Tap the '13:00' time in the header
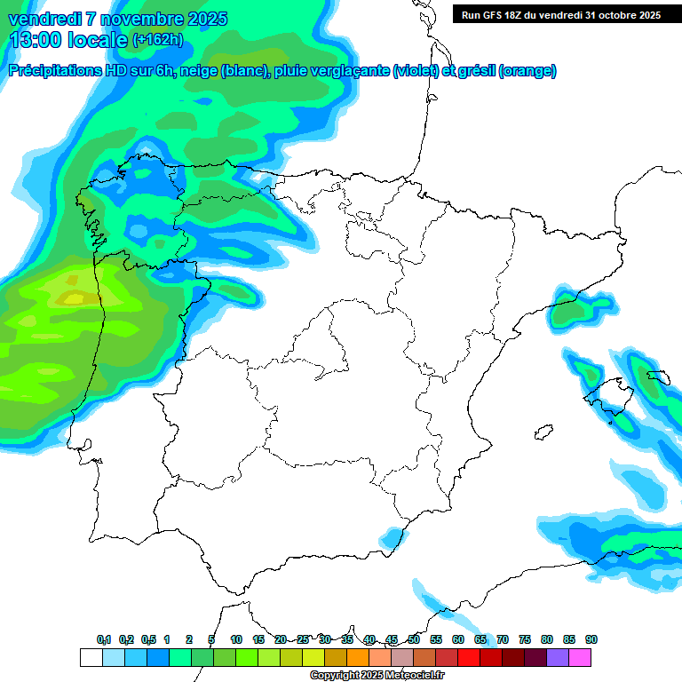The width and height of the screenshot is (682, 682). click(33, 40)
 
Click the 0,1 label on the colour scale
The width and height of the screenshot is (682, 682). click(104, 639)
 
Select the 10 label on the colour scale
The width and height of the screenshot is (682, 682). click(236, 639)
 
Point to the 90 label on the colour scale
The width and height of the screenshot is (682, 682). click(591, 639)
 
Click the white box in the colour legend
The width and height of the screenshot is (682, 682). click(91, 657)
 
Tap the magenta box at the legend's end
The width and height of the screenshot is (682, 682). click(580, 657)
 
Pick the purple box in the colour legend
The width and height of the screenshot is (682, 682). click(558, 657)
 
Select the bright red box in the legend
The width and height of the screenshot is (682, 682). click(469, 657)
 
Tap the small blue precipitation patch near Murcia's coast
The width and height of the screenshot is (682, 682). click(391, 537)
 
